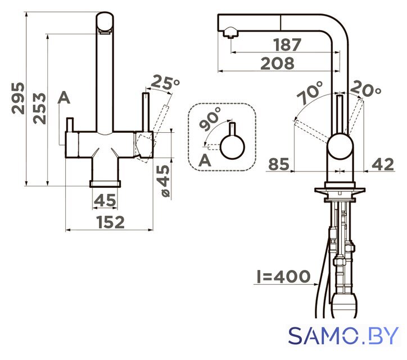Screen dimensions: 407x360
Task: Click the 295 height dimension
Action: [18, 98]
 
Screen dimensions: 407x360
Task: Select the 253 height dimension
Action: [39, 108]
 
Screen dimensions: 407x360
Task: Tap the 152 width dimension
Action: [110, 222]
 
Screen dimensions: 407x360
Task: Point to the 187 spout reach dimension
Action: [287, 44]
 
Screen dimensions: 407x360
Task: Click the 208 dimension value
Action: [278, 64]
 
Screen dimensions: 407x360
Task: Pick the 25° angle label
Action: [165, 82]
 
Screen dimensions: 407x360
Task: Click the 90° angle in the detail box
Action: [210, 118]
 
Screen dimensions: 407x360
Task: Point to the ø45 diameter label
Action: [163, 181]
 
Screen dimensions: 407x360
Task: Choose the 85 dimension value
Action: [278, 164]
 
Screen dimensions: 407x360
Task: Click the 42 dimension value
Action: [383, 164]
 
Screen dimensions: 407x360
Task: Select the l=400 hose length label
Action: [283, 276]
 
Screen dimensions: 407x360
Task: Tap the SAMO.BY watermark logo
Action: [343, 336]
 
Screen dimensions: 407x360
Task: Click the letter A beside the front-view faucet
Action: [64, 98]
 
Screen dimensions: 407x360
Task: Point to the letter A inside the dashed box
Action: [205, 160]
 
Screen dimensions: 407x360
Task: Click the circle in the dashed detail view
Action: [232, 147]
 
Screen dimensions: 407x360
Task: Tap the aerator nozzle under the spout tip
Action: [230, 33]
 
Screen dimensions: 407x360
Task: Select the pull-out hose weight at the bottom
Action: [345, 305]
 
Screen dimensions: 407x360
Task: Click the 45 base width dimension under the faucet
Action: [105, 200]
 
